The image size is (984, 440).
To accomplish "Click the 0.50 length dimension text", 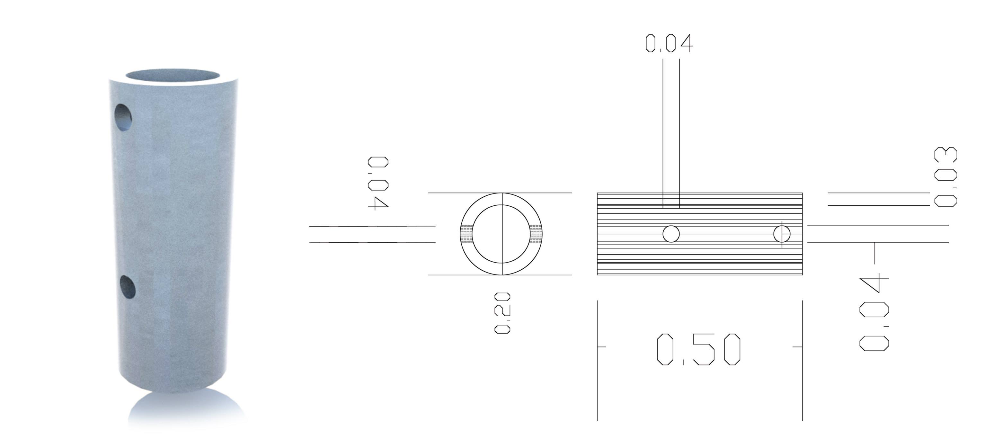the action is click(699, 349).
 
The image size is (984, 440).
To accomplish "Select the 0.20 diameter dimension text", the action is click(502, 313).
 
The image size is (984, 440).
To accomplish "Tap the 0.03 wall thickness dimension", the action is click(945, 177).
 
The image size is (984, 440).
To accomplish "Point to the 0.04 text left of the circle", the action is click(378, 183).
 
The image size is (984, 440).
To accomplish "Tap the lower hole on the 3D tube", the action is click(127, 287).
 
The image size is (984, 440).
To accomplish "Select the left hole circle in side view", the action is click(671, 234).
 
